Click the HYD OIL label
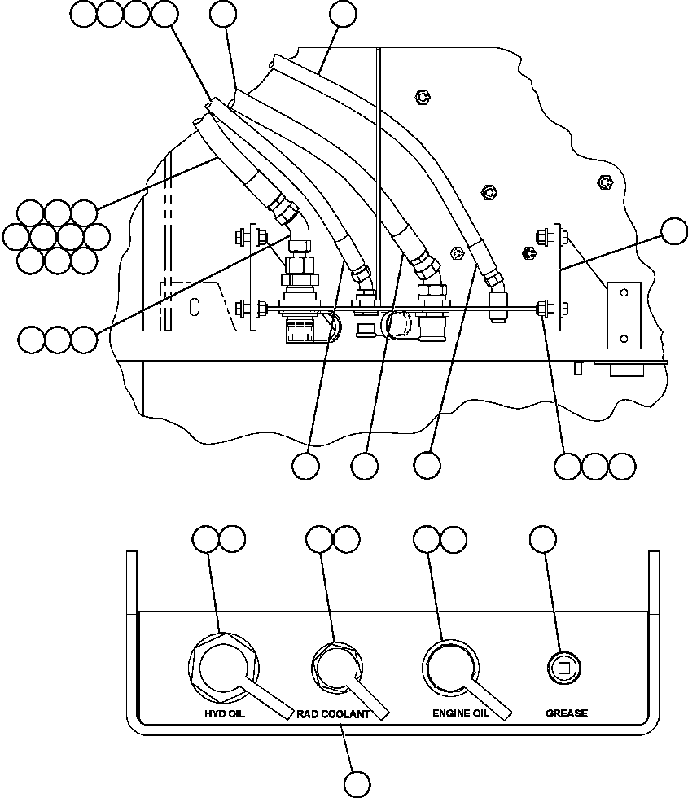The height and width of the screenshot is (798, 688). [225, 713]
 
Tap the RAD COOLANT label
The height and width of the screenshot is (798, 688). [333, 714]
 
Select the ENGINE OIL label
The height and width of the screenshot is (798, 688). [461, 713]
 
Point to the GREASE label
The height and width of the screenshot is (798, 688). [567, 713]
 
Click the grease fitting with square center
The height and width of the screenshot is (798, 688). [563, 668]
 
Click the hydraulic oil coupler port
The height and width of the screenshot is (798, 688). [223, 669]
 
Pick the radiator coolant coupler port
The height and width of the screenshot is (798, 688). [336, 668]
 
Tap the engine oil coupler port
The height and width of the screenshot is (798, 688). [450, 667]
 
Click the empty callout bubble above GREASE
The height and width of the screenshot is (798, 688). [543, 539]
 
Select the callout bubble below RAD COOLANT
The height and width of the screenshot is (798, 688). [357, 784]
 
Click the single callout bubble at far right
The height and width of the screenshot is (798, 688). [674, 231]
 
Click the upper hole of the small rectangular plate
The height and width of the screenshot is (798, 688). [624, 292]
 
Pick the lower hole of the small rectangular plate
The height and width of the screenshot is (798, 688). [624, 339]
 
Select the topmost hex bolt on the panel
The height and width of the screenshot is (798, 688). [423, 97]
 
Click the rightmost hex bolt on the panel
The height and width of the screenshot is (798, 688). [604, 182]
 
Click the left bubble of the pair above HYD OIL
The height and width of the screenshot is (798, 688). [205, 539]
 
